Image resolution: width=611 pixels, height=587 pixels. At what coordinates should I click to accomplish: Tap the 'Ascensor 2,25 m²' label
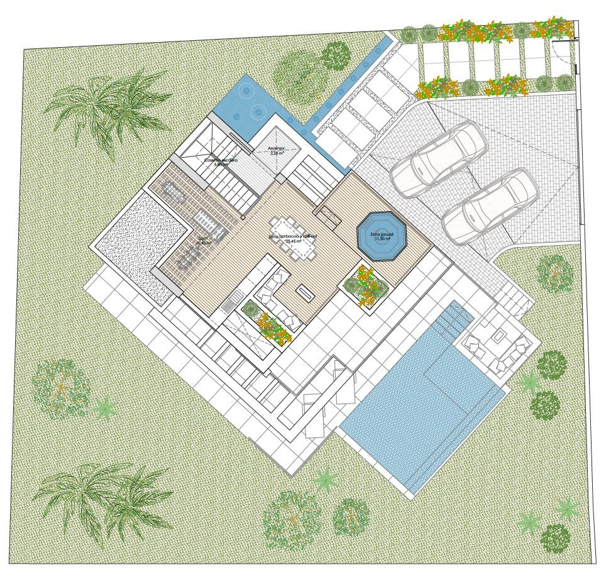tap(277, 151)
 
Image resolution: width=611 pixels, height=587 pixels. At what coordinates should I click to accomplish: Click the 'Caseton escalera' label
tap(221, 162)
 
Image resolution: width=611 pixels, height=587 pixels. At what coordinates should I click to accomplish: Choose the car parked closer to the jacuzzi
tap(489, 207)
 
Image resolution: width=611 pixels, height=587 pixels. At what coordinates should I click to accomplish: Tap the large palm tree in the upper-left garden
tap(110, 107)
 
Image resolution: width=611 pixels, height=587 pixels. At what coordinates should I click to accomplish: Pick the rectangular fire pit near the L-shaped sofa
tap(306, 292)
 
